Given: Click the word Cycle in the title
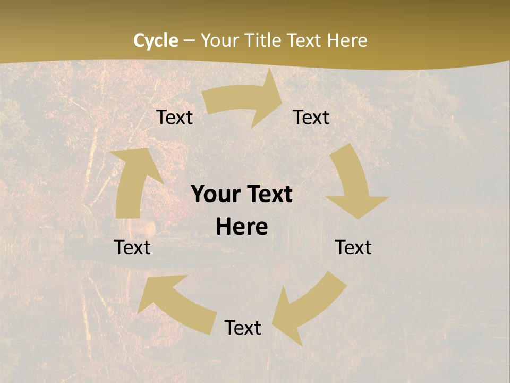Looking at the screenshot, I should (156, 40).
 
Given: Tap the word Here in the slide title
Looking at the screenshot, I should (347, 40).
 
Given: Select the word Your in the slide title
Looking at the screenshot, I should (218, 40).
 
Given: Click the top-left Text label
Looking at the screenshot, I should (174, 117).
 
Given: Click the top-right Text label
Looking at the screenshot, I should (311, 117).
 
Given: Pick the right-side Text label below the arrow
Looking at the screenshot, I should (353, 247).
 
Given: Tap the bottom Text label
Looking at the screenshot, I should (243, 328).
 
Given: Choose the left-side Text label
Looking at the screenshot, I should (133, 247).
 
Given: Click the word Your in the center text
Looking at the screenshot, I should (214, 195).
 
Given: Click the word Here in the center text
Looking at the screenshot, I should (242, 227).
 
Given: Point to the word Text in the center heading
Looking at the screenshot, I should (267, 195).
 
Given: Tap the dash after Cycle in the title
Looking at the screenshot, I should (190, 40).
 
